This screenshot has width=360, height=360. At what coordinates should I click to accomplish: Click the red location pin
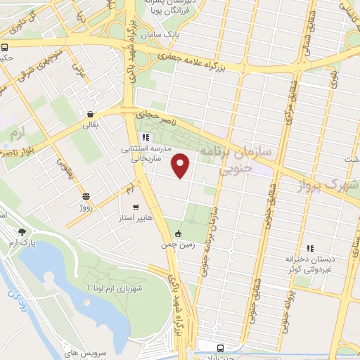181,165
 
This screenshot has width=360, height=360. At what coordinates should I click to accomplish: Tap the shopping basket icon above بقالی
91,114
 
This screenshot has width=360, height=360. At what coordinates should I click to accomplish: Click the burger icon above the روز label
86,196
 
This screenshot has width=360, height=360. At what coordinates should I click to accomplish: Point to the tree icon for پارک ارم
23,231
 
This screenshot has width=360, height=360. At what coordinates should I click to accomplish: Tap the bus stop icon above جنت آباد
220,348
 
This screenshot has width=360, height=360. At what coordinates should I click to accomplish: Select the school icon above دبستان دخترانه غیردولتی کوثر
309,247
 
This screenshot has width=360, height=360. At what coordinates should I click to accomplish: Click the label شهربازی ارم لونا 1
115,288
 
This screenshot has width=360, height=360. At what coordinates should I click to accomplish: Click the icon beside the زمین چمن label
178,233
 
